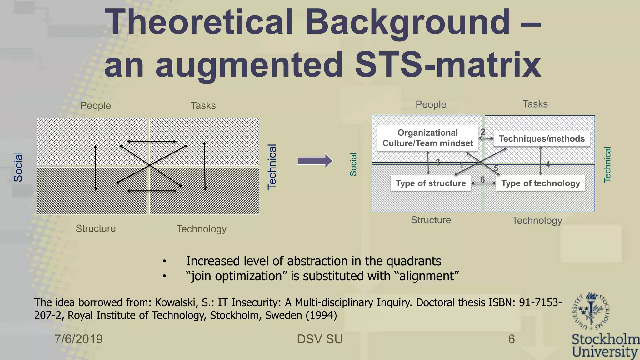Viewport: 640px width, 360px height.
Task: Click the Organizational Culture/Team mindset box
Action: click(427, 138)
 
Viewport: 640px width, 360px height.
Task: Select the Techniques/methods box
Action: click(542, 139)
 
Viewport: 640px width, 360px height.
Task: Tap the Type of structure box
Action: click(431, 183)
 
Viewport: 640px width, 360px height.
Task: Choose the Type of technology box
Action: click(541, 183)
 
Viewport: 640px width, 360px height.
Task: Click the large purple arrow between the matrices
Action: click(314, 161)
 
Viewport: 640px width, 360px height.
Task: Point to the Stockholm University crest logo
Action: click(591, 311)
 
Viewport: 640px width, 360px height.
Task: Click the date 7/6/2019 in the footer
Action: click(79, 339)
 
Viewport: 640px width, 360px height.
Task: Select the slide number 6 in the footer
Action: click(511, 339)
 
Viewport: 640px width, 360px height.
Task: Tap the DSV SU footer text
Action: click(320, 339)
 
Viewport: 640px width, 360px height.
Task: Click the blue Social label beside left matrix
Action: click(18, 167)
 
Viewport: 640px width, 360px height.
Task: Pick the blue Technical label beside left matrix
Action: click(272, 167)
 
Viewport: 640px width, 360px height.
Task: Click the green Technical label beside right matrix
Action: click(607, 164)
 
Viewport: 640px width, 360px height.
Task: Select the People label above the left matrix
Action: click(96, 106)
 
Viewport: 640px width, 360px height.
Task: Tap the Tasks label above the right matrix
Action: click(535, 104)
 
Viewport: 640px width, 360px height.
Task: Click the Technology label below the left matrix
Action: click(202, 229)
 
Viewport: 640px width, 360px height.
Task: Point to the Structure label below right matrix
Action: click(431, 220)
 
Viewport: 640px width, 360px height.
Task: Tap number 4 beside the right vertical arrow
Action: click(547, 164)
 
